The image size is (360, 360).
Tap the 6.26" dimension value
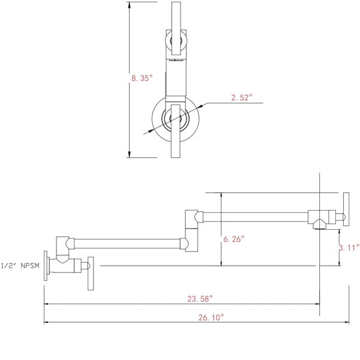(234, 239)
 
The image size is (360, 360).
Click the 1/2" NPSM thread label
(18, 264)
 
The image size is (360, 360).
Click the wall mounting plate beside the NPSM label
(46, 264)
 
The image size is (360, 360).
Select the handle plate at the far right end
(345, 211)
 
